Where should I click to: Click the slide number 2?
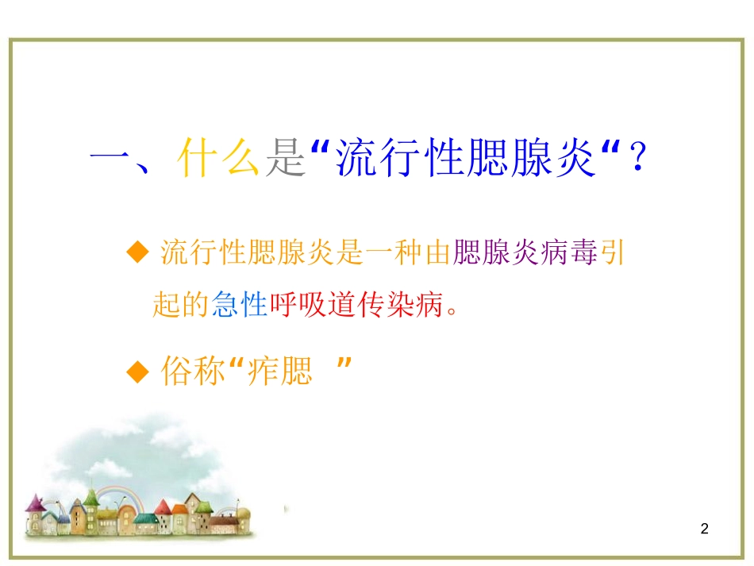tap(705, 529)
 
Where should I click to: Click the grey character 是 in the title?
tap(284, 157)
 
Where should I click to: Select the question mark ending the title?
tap(635, 157)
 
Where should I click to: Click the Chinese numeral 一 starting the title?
tap(111, 157)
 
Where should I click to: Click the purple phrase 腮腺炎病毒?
tap(524, 253)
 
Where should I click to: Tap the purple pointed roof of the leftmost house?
tap(34, 502)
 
